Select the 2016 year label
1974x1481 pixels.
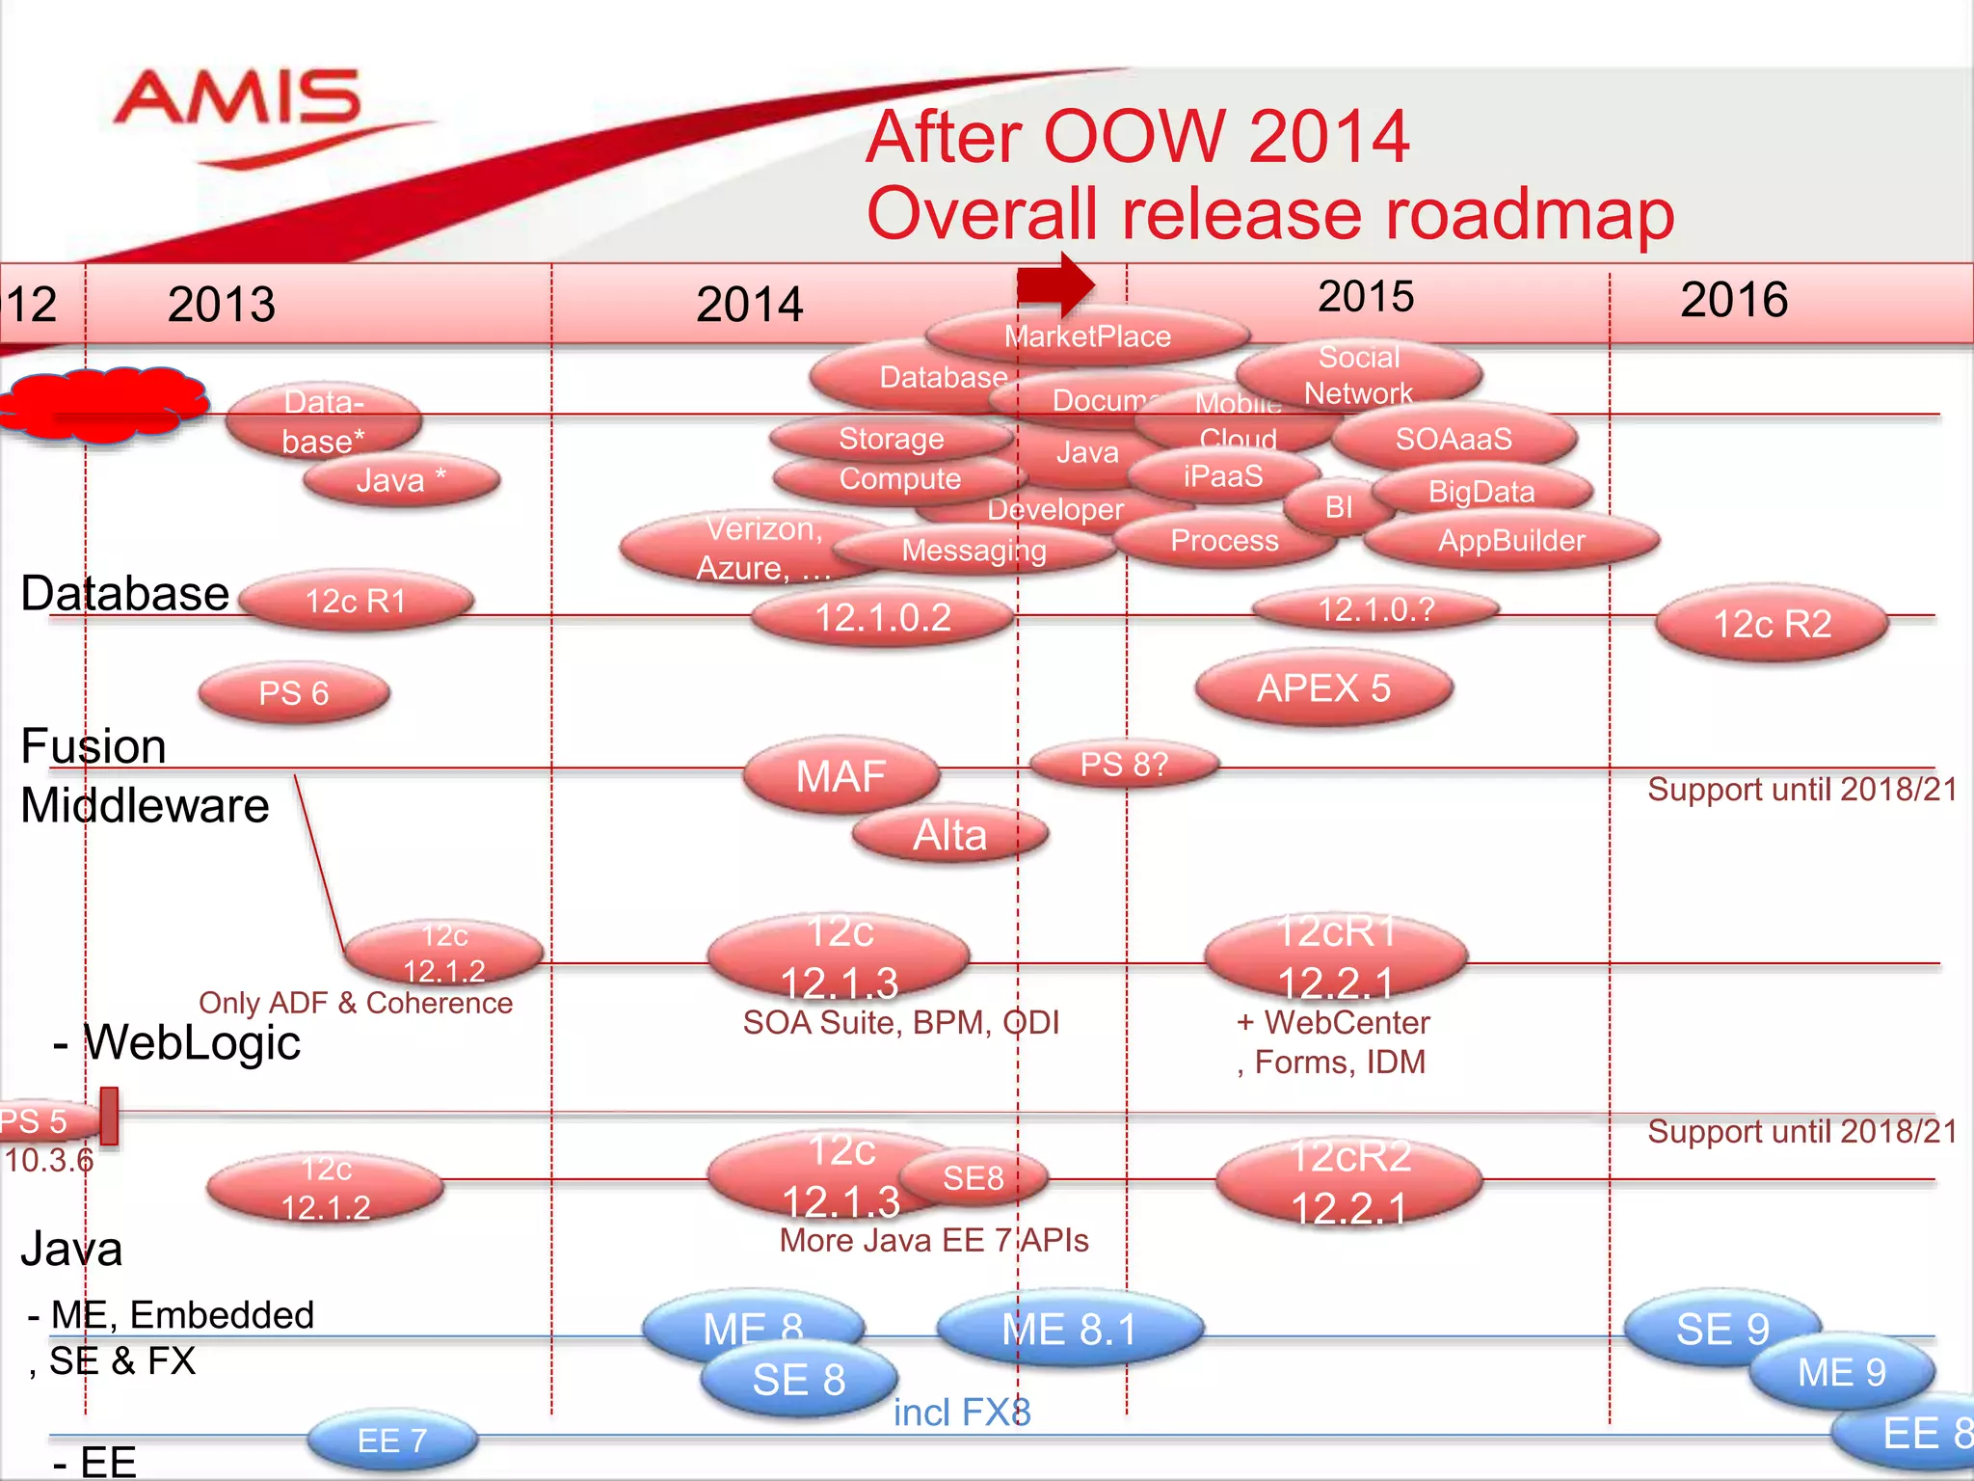(1733, 300)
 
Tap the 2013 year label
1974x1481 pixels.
(222, 305)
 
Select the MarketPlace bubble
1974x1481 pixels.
(1087, 336)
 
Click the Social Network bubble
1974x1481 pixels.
(1358, 374)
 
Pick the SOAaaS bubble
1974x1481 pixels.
(1454, 440)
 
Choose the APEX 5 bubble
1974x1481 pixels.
(1323, 688)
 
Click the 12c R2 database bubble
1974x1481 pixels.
(1772, 624)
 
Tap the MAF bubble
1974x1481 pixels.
(840, 776)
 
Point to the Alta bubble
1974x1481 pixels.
(950, 835)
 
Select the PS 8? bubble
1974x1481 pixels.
(1124, 765)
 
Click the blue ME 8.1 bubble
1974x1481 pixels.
(1070, 1330)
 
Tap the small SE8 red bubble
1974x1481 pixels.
(974, 1177)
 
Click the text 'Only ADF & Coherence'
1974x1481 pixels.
(356, 1003)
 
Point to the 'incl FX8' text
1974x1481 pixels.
(962, 1413)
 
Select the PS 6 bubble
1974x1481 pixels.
(294, 693)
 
